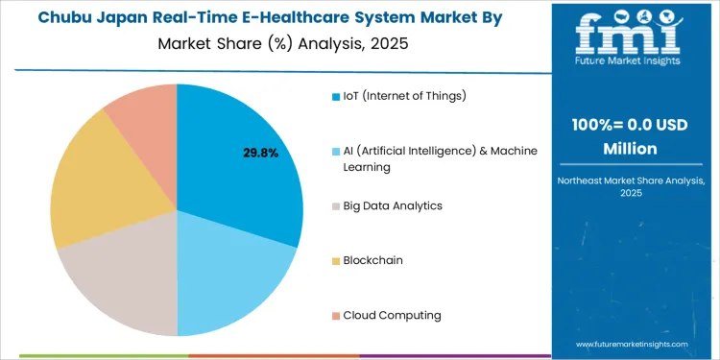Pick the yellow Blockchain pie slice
pyautogui.click(x=96, y=187)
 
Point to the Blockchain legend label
pyautogui.click(x=372, y=260)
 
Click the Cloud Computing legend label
pyautogui.click(x=392, y=315)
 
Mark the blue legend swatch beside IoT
pyautogui.click(x=335, y=96)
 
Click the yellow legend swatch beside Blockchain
pyautogui.click(x=335, y=260)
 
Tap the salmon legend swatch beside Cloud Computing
pyautogui.click(x=335, y=315)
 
